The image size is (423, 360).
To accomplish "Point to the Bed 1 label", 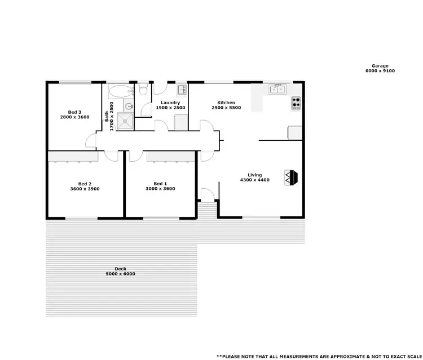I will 160,184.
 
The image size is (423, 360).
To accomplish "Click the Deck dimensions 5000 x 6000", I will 120,274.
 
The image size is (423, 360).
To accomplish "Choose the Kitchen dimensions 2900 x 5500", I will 226,107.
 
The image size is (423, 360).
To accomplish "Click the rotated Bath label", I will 107,117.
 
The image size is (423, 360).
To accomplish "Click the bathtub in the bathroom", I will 119,90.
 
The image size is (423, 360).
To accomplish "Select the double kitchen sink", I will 277,89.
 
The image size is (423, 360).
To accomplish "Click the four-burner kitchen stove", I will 296,103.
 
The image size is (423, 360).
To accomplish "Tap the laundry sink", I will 182,90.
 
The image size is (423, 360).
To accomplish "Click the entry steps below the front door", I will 208,209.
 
